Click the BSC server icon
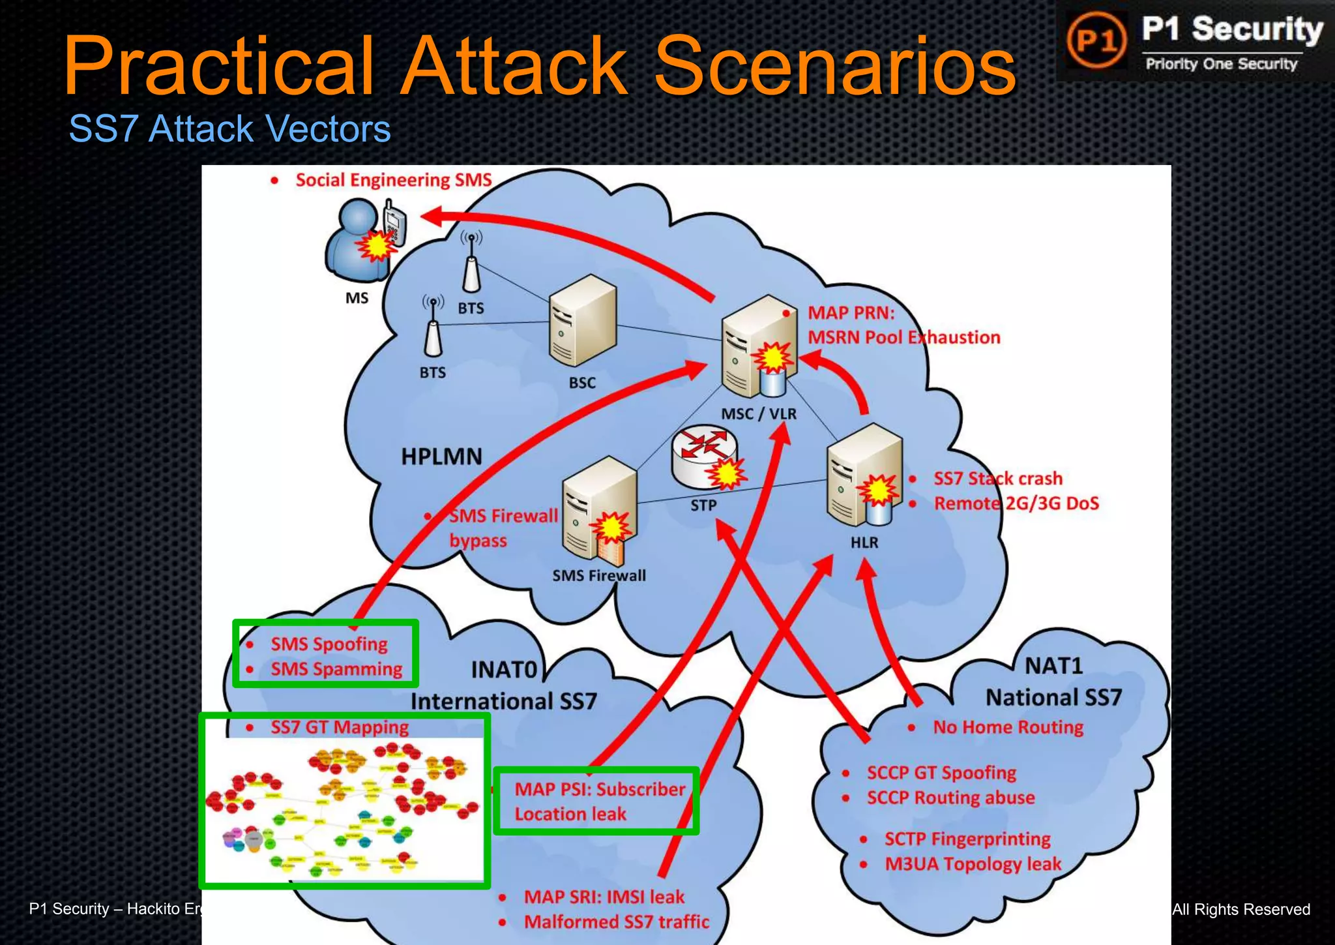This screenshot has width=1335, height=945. tap(582, 321)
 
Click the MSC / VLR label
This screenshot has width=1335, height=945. tap(758, 414)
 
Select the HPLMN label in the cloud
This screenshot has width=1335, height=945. tap(441, 457)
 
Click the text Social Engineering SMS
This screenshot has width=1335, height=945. tap(393, 180)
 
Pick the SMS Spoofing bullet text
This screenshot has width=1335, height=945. tap(329, 644)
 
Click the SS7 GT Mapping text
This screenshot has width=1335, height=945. tap(339, 727)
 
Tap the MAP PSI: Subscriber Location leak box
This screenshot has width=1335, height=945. tap(597, 802)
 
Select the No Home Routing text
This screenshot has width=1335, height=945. tap(1008, 727)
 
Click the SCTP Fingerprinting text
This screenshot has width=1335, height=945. tap(967, 839)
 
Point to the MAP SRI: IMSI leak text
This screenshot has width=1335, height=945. tap(604, 897)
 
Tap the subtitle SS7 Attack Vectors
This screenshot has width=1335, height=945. tap(229, 128)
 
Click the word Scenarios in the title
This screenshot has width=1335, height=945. tap(834, 65)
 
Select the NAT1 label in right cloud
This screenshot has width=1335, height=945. tap(1053, 666)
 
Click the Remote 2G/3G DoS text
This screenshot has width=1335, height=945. tap(1016, 503)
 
